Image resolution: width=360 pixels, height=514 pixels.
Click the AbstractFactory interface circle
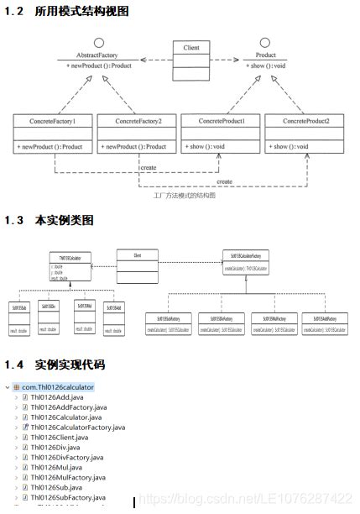coord(98,42)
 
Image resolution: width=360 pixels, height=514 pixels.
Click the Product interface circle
coord(265,42)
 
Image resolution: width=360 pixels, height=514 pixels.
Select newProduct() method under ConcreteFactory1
coord(50,146)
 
